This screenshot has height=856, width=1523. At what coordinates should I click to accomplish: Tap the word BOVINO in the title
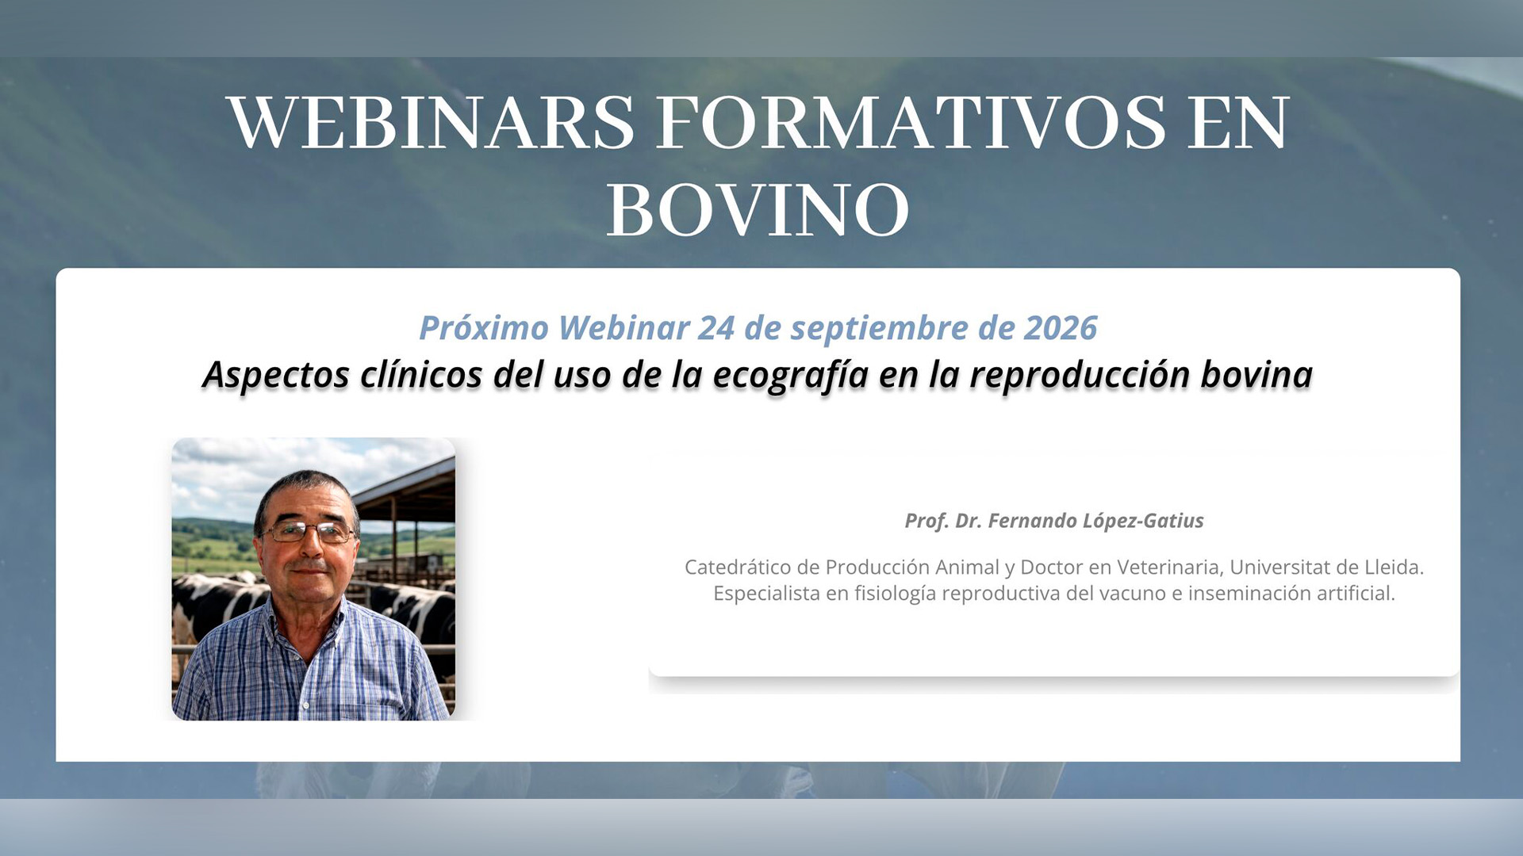[x=758, y=209]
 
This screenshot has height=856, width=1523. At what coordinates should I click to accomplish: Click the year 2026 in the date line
[x=1061, y=327]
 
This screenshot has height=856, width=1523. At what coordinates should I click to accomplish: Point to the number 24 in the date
[x=715, y=327]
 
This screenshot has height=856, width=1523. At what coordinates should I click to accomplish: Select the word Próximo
[x=484, y=327]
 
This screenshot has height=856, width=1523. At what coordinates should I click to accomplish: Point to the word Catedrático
[x=738, y=567]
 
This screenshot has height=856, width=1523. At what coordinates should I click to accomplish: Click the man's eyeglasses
[x=308, y=532]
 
